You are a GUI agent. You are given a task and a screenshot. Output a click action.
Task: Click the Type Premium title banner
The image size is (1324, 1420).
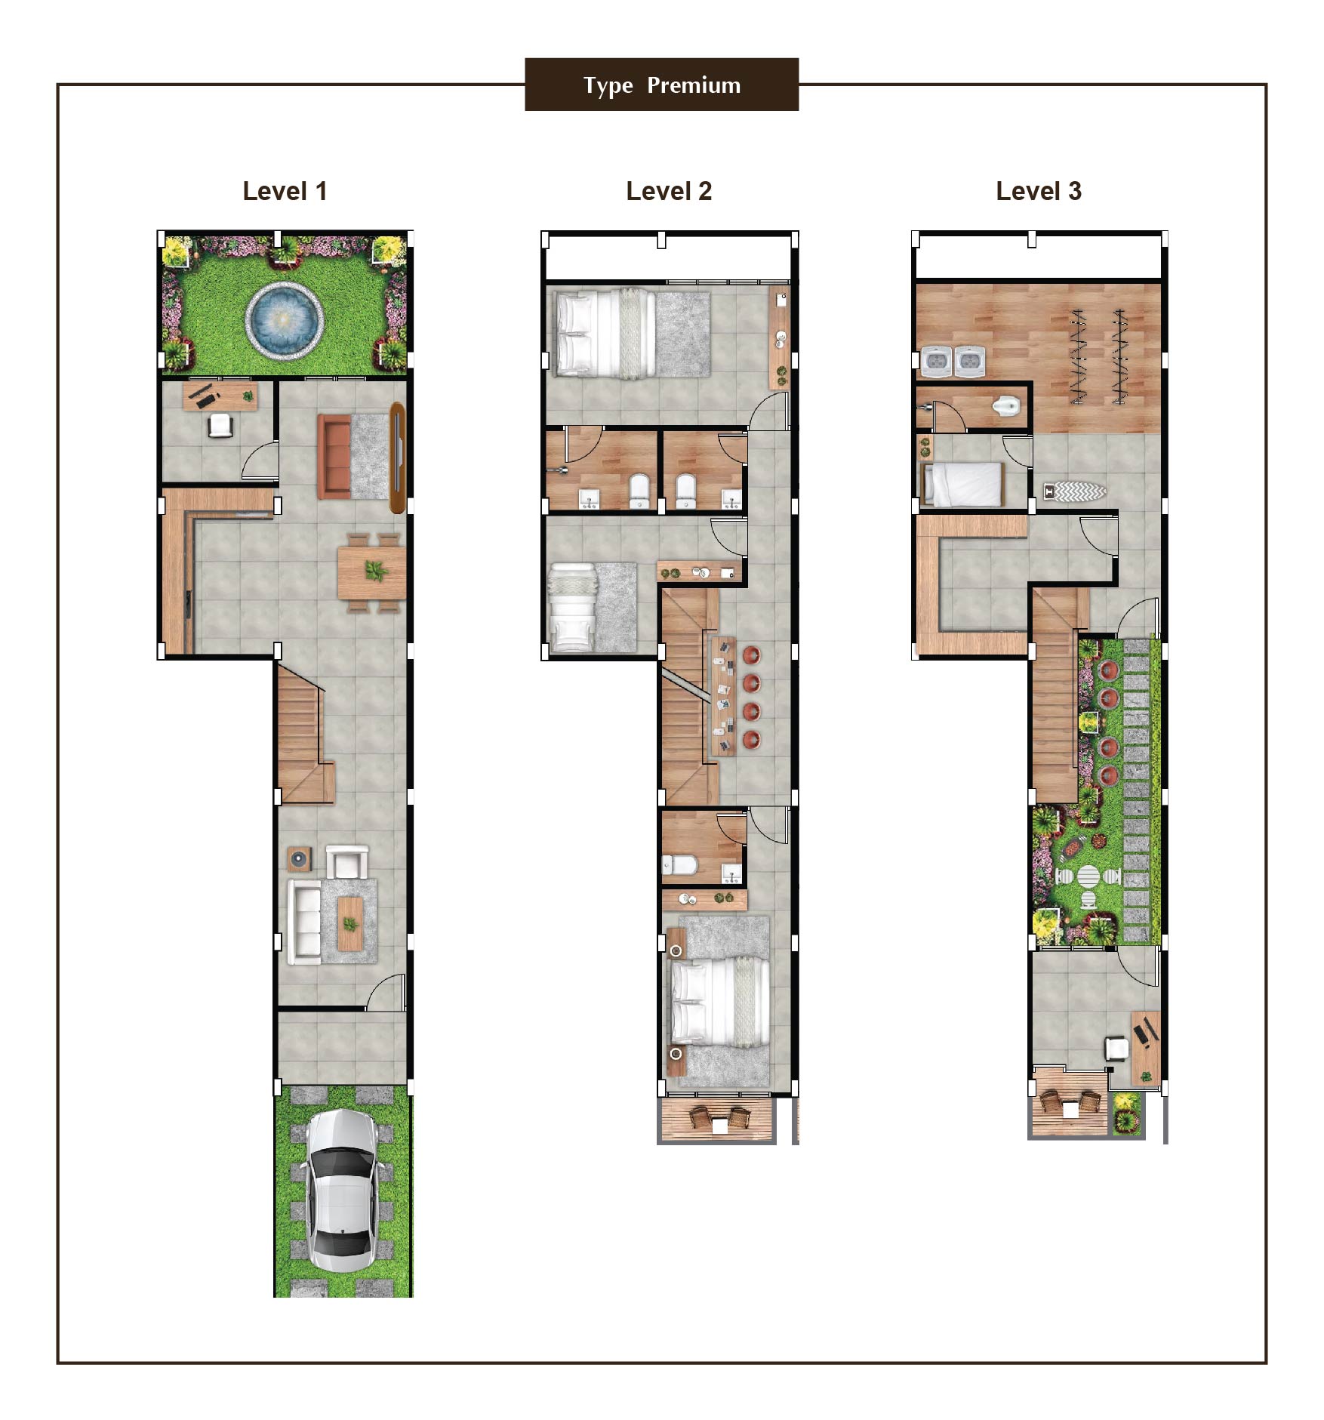pyautogui.click(x=661, y=85)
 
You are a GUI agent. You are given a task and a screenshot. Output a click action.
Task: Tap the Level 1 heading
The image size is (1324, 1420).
pyautogui.click(x=285, y=191)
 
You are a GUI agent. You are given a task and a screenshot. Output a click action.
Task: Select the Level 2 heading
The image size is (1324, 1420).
pyautogui.click(x=669, y=191)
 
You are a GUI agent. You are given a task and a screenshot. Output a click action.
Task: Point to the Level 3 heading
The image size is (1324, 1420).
pyautogui.click(x=1039, y=191)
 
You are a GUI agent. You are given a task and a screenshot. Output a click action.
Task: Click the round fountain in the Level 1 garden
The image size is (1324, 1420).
pyautogui.click(x=285, y=319)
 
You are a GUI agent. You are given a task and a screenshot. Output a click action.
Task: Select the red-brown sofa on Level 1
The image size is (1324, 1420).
pyautogui.click(x=334, y=456)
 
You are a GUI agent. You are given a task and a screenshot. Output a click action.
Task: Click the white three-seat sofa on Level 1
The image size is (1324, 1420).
pyautogui.click(x=305, y=922)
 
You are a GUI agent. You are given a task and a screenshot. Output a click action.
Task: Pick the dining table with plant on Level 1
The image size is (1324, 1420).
pyautogui.click(x=371, y=572)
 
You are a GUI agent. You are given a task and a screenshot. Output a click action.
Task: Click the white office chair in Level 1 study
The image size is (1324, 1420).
pyautogui.click(x=220, y=426)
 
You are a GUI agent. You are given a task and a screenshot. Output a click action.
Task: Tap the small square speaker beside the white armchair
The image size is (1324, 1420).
pyautogui.click(x=299, y=858)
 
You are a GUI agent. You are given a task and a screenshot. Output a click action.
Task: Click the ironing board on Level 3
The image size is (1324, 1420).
pyautogui.click(x=1075, y=491)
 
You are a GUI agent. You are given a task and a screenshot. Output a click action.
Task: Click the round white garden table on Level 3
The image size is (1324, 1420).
pyautogui.click(x=1088, y=876)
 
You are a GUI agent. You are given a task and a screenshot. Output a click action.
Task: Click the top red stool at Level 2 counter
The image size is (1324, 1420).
pyautogui.click(x=752, y=655)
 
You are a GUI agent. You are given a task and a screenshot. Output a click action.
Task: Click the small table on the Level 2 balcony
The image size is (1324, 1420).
pyautogui.click(x=719, y=1124)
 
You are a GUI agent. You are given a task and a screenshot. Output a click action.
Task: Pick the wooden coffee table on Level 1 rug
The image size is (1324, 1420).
pyautogui.click(x=349, y=923)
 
